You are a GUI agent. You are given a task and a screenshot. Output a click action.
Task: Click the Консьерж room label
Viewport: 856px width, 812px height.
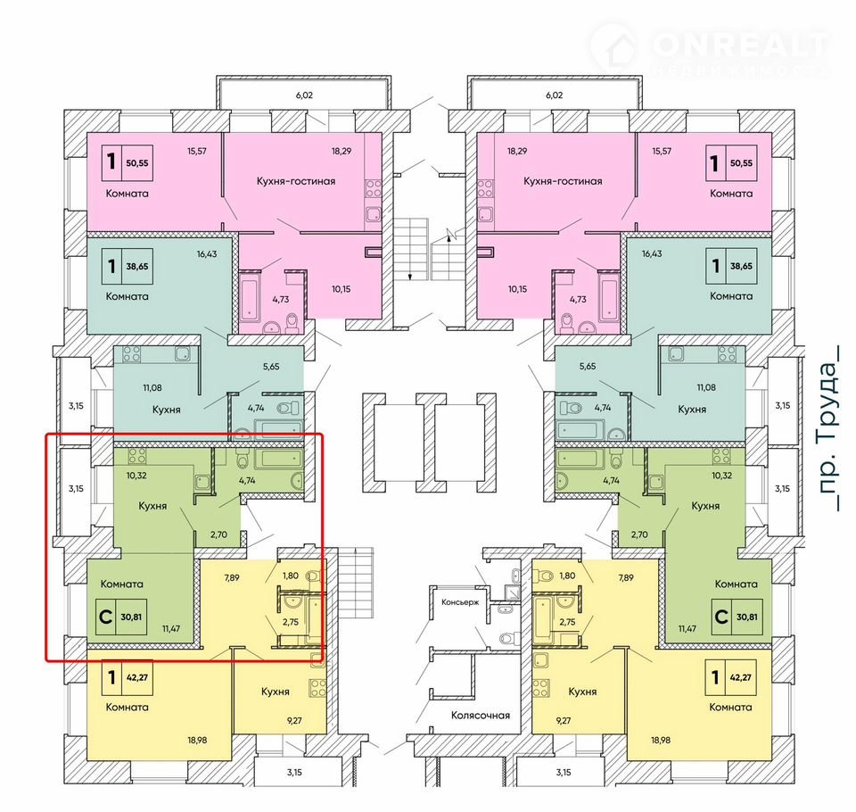tap(460, 602)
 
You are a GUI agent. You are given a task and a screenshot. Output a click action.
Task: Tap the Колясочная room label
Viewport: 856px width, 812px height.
tap(481, 715)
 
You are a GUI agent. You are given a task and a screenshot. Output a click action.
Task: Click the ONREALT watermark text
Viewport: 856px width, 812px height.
tap(740, 45)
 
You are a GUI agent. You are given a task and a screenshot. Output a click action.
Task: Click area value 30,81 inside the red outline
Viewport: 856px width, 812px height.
tap(131, 617)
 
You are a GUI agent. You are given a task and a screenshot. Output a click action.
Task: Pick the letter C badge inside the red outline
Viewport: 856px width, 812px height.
tap(105, 617)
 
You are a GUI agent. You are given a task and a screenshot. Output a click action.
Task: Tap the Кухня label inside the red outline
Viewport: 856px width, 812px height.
tap(152, 506)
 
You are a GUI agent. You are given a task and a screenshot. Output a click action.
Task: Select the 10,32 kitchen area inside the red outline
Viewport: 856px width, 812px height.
tap(136, 476)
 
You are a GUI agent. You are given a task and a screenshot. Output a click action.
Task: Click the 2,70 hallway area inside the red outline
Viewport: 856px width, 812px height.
tap(218, 534)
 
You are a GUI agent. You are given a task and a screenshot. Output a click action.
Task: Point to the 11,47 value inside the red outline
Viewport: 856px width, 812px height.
tap(171, 628)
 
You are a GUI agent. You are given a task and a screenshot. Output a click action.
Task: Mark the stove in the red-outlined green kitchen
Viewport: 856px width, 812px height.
tap(136, 456)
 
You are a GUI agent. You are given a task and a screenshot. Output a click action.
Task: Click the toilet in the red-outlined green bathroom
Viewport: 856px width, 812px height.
tap(243, 460)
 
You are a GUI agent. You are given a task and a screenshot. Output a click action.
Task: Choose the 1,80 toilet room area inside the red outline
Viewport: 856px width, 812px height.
tap(291, 576)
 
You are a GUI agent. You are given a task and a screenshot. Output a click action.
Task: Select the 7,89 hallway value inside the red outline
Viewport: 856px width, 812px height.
tap(232, 577)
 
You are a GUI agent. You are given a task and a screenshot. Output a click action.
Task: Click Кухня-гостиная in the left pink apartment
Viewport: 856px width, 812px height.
tap(296, 181)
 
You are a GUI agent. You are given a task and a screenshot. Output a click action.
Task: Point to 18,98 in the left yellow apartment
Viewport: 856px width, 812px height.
tap(197, 741)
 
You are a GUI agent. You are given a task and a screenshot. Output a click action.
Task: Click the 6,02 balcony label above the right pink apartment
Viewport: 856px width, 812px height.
tap(554, 95)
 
